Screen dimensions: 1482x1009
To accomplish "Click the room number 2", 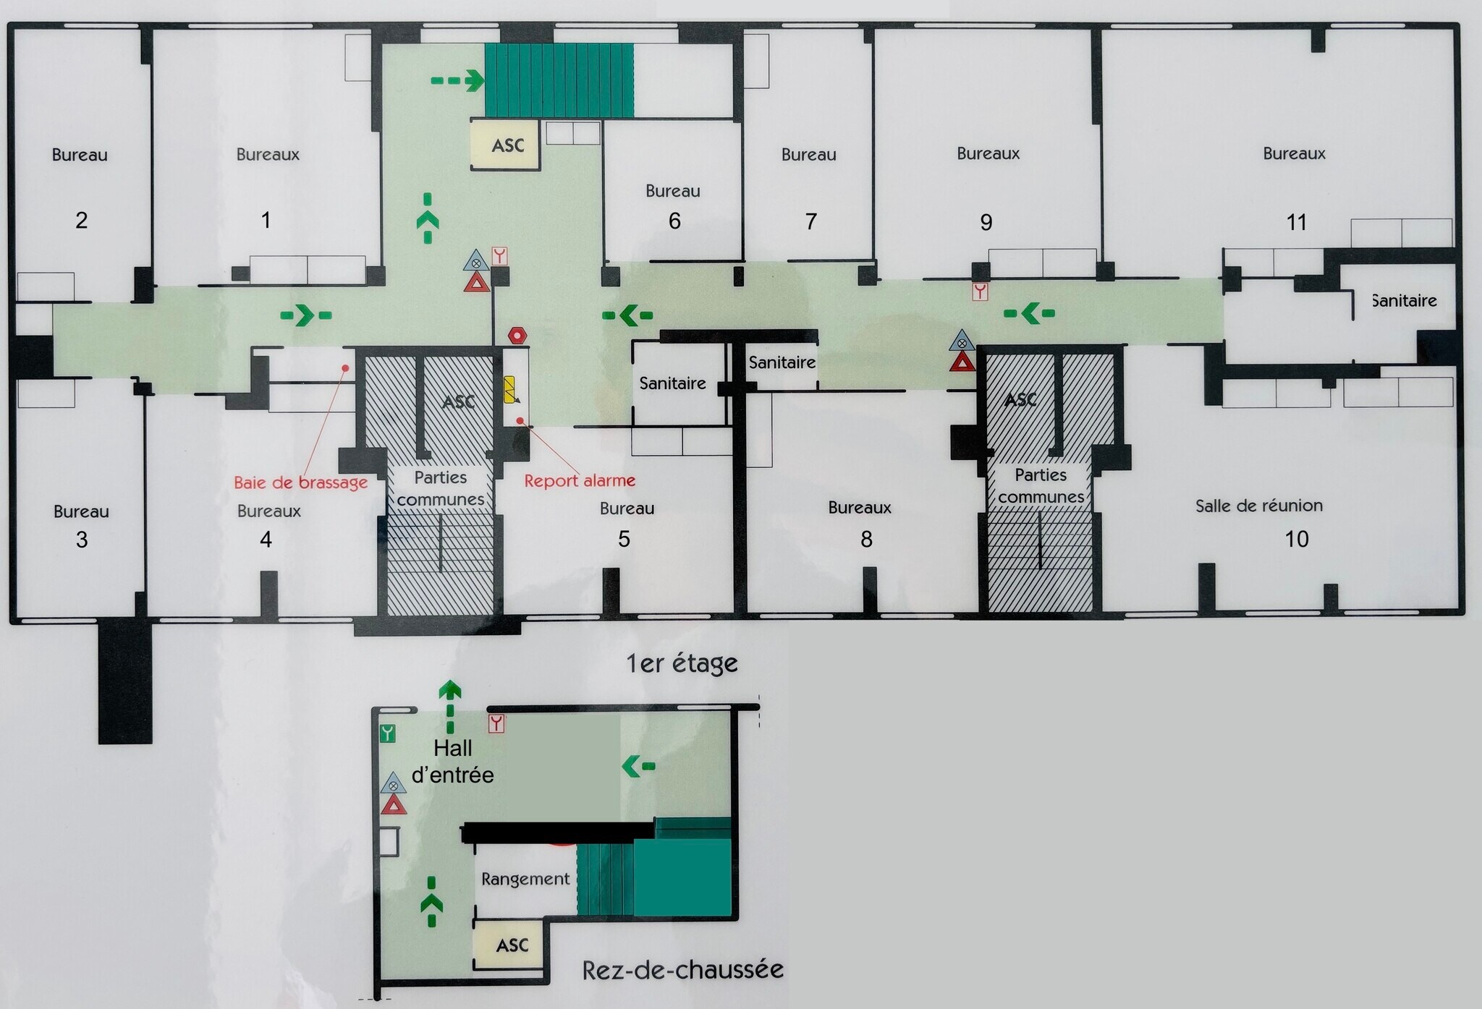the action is (x=82, y=220).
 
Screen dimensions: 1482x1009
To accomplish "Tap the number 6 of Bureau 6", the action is (x=674, y=221).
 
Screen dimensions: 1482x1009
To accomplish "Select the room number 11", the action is (x=1297, y=222).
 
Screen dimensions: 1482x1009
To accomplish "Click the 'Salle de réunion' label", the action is (x=1259, y=506).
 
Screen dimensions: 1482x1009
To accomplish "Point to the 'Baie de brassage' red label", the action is (x=301, y=482).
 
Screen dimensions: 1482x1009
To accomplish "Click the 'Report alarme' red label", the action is (x=580, y=480).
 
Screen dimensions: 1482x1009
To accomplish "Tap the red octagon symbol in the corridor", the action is (x=517, y=336).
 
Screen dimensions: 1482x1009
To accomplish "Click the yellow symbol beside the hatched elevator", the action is (x=511, y=389).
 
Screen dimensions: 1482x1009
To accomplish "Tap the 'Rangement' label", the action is (x=525, y=879).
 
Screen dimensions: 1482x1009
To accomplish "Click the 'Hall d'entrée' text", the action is (x=453, y=762).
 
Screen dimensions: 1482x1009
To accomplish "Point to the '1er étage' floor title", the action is (x=682, y=663).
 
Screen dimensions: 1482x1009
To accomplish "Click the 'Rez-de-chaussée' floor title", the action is (x=683, y=969).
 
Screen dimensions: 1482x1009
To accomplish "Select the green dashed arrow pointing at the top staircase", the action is (x=457, y=80).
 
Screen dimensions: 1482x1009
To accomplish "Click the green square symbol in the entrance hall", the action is (x=388, y=733).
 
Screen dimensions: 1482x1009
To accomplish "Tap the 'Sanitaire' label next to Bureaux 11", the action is (x=1405, y=301).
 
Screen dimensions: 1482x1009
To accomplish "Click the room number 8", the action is (x=866, y=539).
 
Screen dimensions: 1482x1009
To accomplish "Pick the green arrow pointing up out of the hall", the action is (x=450, y=706).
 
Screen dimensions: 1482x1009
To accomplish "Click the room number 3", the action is (x=82, y=540).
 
